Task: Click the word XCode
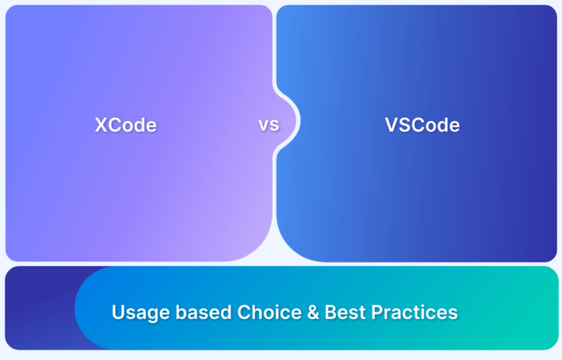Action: click(126, 125)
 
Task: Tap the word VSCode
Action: click(421, 125)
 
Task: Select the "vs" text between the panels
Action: click(268, 125)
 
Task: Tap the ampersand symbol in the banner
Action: click(298, 312)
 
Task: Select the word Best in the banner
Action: click(332, 312)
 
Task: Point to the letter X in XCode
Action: click(100, 125)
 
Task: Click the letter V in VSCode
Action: click(390, 125)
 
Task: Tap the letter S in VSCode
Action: click(402, 125)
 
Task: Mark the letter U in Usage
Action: click(118, 312)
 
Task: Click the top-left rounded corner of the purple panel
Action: click(11, 11)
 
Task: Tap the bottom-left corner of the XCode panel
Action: click(11, 256)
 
